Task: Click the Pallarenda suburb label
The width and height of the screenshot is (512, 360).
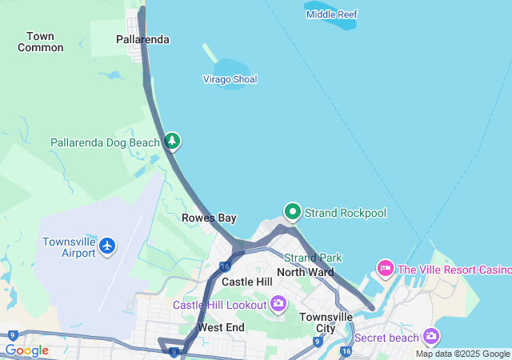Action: click(x=142, y=39)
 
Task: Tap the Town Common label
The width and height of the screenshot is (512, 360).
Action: click(x=40, y=42)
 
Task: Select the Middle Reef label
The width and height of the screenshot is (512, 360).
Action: click(x=331, y=14)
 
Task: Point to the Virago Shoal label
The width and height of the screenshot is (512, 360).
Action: click(x=230, y=79)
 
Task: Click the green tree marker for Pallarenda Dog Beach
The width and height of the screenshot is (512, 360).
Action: click(x=172, y=142)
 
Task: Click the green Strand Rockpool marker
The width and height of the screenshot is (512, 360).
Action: click(x=293, y=212)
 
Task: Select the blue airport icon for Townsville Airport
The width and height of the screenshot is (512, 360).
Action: click(x=108, y=247)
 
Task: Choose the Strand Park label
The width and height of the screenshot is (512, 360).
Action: click(x=313, y=258)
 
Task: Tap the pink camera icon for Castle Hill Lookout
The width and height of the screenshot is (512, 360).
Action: click(x=278, y=303)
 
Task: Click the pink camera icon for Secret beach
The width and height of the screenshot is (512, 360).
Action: click(x=432, y=336)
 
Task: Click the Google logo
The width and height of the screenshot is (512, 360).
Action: click(x=26, y=350)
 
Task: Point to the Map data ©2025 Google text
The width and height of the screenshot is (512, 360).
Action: click(x=462, y=354)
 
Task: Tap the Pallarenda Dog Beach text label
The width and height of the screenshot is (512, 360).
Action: click(x=106, y=142)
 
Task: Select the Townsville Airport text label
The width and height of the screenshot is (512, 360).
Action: click(x=70, y=247)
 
